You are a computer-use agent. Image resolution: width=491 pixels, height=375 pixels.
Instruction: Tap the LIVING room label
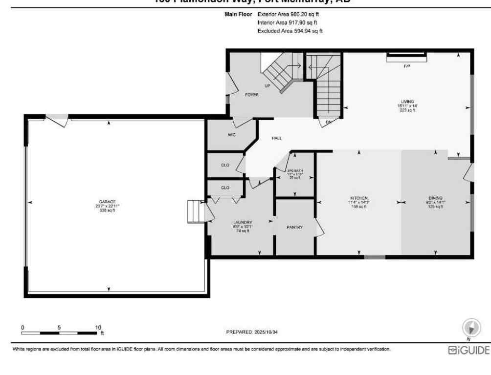click(x=407, y=102)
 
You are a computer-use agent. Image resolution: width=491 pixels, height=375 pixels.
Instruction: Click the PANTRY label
click(x=294, y=227)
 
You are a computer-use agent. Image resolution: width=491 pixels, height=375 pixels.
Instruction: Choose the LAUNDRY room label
click(x=243, y=222)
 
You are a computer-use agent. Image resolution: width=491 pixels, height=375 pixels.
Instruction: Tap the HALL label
click(x=276, y=138)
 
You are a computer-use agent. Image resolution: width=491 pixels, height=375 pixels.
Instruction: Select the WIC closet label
click(x=231, y=135)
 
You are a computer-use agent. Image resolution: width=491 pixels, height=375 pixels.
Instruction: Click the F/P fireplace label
click(x=406, y=66)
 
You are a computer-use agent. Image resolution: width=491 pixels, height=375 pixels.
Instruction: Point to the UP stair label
click(x=268, y=85)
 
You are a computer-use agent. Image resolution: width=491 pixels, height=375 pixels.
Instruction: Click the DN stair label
click(x=328, y=122)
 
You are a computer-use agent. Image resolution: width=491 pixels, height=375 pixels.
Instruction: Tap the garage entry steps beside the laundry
click(x=196, y=211)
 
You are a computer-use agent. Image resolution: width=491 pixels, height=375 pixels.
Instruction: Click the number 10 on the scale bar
click(x=98, y=327)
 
